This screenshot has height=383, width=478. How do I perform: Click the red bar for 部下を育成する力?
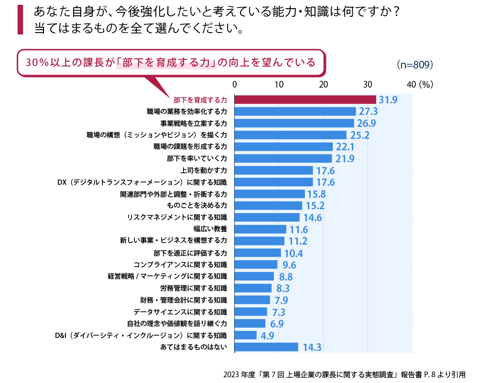pos(305,100)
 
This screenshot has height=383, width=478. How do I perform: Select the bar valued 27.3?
pos(295,112)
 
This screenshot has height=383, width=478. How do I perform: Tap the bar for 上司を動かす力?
pos(273,170)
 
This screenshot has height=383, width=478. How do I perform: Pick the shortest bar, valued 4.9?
pos(246,335)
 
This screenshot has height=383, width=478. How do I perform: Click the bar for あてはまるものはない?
pos(266,347)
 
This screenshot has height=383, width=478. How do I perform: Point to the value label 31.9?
pos(388,100)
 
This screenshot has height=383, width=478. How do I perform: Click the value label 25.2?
pos(359,135)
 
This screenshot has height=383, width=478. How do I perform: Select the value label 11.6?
pos(299,230)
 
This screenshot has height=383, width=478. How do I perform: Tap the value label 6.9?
pos(277,324)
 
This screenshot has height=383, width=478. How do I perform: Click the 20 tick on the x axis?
pos(324,84)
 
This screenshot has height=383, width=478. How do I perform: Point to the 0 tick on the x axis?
pos(235,84)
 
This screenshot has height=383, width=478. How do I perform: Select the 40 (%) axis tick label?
pos(419,84)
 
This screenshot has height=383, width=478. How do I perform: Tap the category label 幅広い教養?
pos(214,229)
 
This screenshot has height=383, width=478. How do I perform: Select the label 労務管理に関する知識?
pos(194,288)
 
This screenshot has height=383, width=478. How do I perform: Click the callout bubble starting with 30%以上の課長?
pos(171,62)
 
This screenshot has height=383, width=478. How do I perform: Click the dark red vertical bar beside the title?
pos(20,20)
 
